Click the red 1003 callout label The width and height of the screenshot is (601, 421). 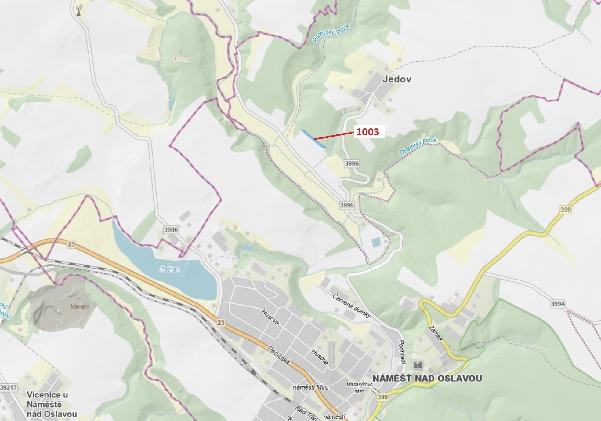point(368,132)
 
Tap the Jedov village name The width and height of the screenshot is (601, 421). point(397,79)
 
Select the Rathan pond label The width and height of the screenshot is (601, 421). point(170,269)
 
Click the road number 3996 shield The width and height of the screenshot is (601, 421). point(351,163)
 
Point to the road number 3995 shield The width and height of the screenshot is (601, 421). point(347,205)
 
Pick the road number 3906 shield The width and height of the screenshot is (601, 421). point(171,230)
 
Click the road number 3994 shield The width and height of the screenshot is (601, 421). point(558,304)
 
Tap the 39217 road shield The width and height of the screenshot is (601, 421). point(9,387)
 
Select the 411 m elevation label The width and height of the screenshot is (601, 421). point(181,59)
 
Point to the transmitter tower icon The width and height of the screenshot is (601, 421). point(79,11)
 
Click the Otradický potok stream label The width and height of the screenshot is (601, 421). point(418,146)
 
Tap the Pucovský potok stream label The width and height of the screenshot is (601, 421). point(331,34)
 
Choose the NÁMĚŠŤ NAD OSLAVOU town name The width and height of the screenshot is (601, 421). point(427,378)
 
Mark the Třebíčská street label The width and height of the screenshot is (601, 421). point(278,355)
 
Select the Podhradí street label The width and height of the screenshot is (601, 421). point(402,352)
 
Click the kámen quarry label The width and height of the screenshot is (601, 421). point(79,306)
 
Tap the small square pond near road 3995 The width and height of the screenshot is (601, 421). point(376,243)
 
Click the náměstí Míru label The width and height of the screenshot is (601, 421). point(310,387)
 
